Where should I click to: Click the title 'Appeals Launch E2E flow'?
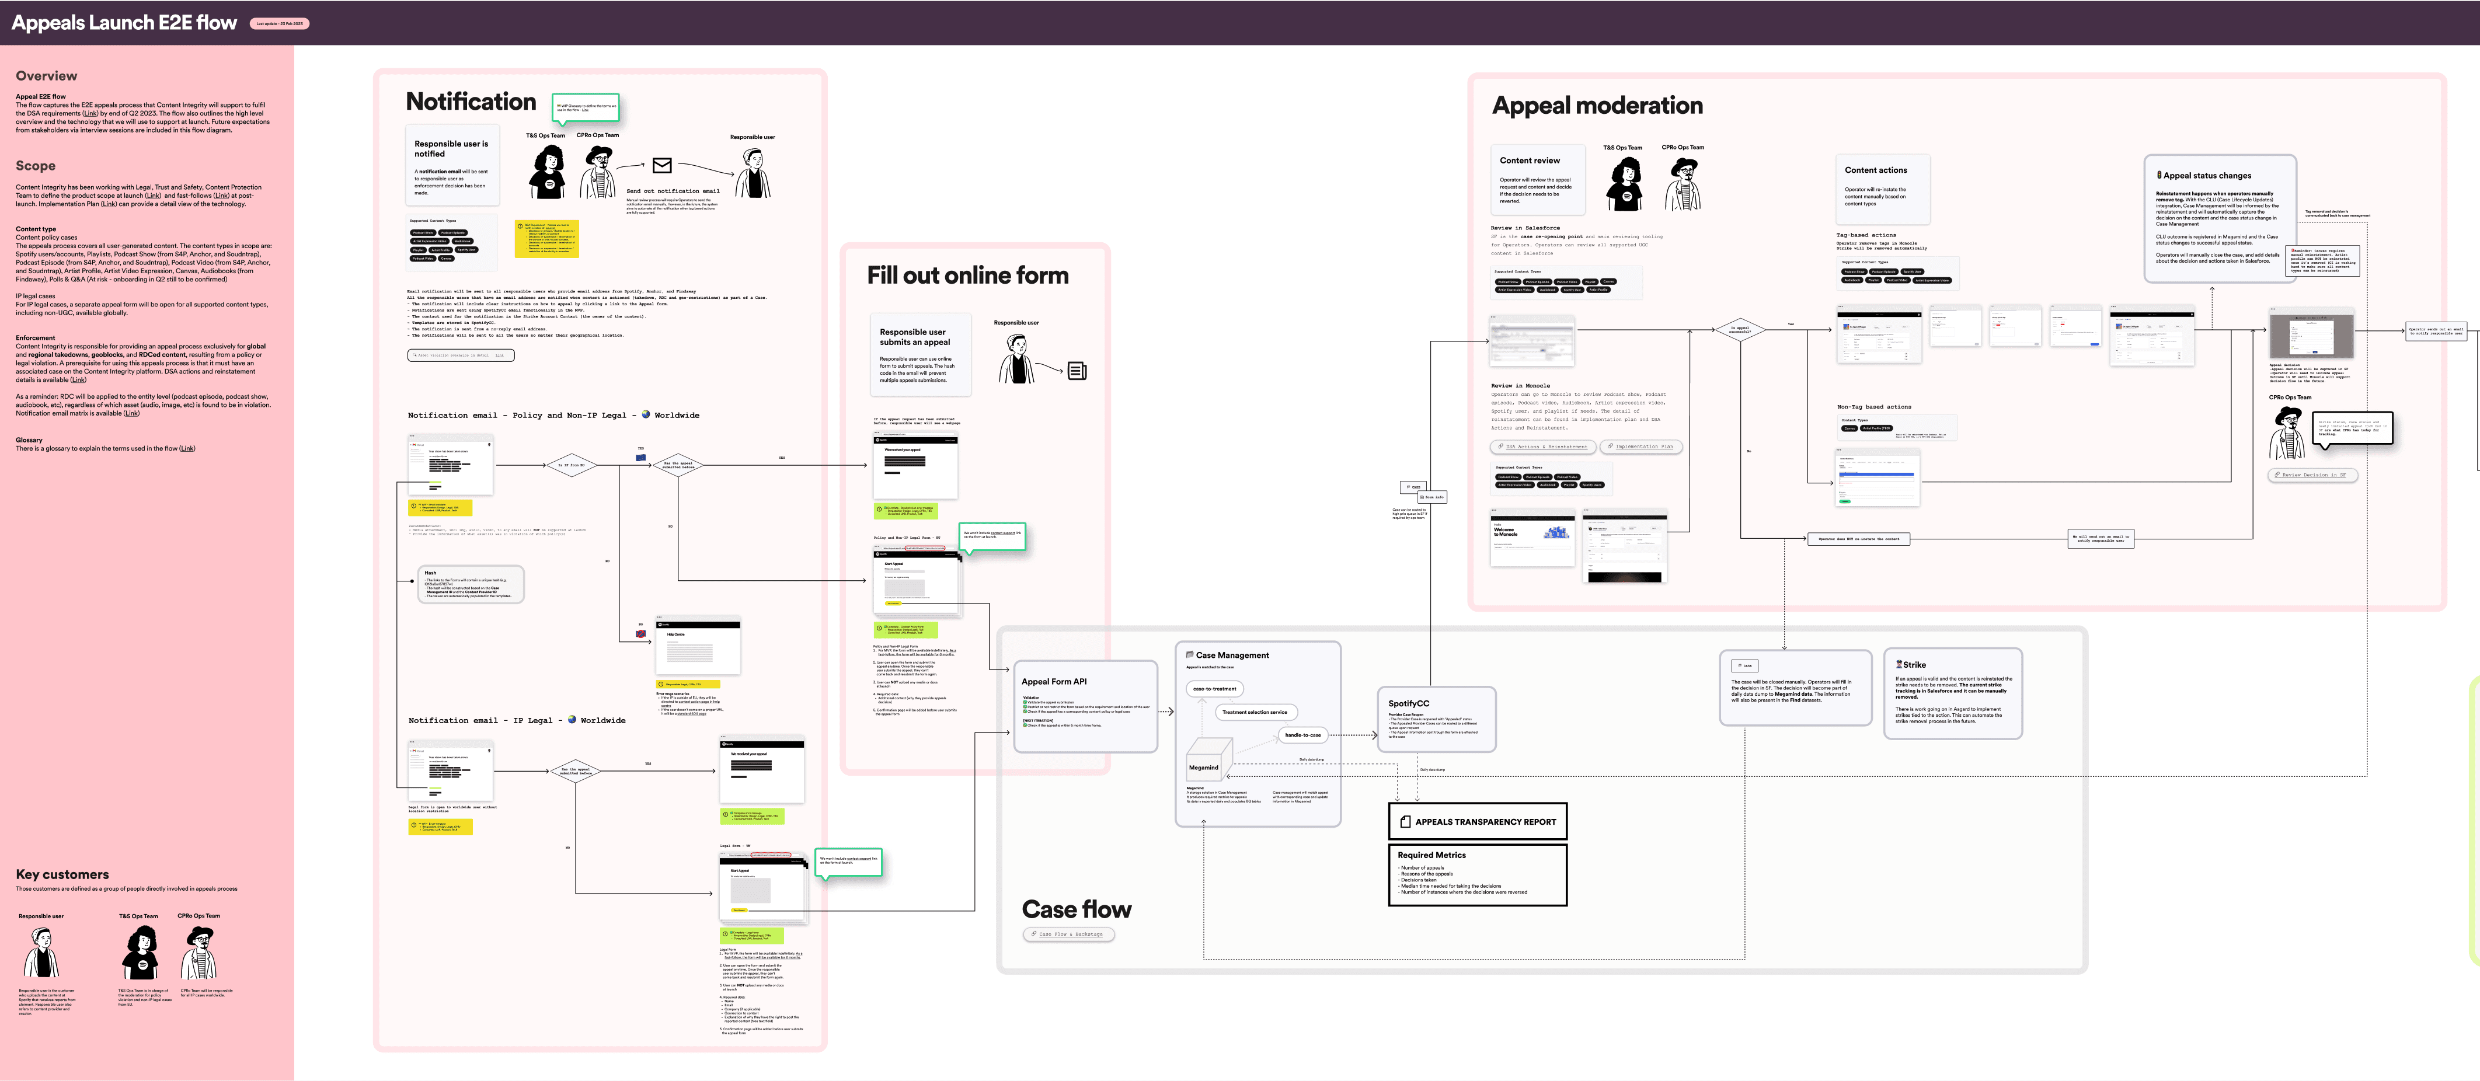coord(124,23)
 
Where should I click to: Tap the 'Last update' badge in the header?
coord(279,24)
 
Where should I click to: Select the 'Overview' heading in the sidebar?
coord(46,76)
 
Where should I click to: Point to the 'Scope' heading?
coord(36,166)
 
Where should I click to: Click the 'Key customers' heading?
coord(62,874)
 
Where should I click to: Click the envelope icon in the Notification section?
coord(661,166)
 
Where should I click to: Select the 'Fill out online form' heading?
coord(967,276)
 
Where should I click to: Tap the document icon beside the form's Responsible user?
coord(1077,371)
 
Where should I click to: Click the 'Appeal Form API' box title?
coord(1054,682)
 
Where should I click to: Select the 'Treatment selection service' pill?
coord(1255,712)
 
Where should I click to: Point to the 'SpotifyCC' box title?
coord(1409,704)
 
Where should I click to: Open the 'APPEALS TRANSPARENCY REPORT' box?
coord(1478,821)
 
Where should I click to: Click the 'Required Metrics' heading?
coord(1431,855)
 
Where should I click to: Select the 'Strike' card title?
coord(1914,664)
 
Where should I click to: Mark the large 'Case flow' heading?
coord(1077,909)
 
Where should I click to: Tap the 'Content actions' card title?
coord(1875,170)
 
